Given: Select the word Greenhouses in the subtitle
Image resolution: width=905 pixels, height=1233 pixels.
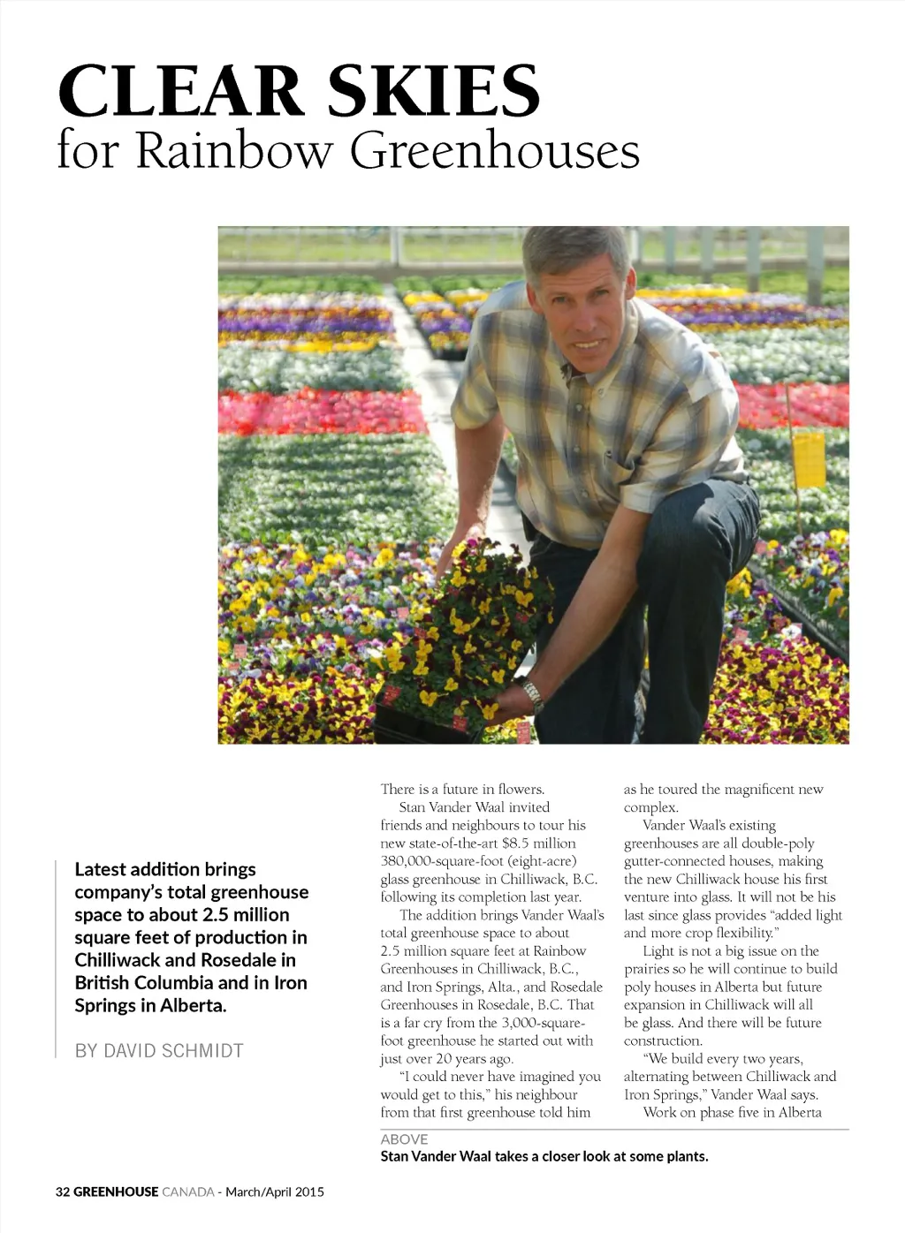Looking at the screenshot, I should pyautogui.click(x=495, y=150).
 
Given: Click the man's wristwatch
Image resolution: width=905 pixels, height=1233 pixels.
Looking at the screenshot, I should pyautogui.click(x=532, y=695).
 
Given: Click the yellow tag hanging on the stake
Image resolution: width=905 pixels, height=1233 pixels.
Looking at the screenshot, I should pyautogui.click(x=808, y=458).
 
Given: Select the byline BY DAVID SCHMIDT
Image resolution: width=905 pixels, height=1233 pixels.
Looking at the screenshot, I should pyautogui.click(x=159, y=1051).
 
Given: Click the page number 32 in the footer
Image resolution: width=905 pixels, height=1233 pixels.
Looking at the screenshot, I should pyautogui.click(x=62, y=1191).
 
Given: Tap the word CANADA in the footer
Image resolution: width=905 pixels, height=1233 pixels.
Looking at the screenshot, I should pyautogui.click(x=188, y=1191).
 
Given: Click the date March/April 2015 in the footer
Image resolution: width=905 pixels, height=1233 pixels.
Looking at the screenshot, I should pyautogui.click(x=275, y=1191).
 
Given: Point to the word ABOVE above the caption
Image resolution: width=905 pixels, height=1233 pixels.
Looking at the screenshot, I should pyautogui.click(x=404, y=1139).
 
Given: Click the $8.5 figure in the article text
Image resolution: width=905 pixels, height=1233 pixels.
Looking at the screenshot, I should pyautogui.click(x=516, y=843).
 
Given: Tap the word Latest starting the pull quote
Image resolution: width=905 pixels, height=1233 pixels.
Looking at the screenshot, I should pyautogui.click(x=100, y=870).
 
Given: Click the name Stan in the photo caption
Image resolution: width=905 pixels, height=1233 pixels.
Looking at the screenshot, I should pyautogui.click(x=394, y=1156).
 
